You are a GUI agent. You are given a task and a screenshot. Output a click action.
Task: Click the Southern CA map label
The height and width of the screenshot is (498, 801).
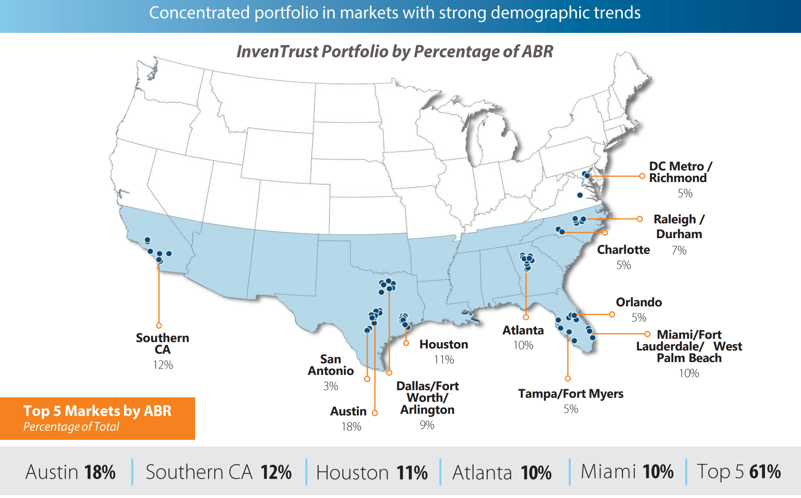(x=162, y=344)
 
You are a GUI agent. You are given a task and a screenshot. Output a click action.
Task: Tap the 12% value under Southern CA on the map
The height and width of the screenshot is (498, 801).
(x=163, y=365)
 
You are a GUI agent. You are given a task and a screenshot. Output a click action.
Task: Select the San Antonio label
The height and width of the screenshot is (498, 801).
(x=331, y=365)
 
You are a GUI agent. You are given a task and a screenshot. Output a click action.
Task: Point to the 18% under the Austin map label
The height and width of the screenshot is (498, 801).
(x=351, y=427)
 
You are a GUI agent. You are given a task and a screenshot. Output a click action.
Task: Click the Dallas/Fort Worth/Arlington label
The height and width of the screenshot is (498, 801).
(x=427, y=398)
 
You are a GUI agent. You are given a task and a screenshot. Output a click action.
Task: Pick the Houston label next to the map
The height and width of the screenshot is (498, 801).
(x=444, y=344)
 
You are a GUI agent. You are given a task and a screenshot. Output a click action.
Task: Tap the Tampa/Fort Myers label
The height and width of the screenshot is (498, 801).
(x=570, y=394)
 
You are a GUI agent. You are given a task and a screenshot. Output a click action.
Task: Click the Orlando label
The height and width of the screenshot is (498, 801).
(x=639, y=302)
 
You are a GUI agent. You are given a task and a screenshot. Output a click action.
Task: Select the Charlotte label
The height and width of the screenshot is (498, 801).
(x=623, y=250)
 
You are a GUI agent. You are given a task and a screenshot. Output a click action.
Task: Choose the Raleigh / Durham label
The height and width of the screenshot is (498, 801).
(x=679, y=227)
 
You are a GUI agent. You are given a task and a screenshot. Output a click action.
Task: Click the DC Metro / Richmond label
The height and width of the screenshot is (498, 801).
(x=680, y=172)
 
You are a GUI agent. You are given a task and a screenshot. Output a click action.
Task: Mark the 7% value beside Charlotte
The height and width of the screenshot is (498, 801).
(x=679, y=251)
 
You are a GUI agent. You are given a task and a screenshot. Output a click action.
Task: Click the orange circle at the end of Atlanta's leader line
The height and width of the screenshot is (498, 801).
(x=526, y=317)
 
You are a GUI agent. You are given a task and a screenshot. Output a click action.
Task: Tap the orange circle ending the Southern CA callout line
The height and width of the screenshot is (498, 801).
(x=159, y=326)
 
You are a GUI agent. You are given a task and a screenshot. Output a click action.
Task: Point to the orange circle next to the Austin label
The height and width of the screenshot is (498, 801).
(x=375, y=413)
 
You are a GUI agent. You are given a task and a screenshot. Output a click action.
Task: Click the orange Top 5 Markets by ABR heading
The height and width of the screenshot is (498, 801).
(x=97, y=411)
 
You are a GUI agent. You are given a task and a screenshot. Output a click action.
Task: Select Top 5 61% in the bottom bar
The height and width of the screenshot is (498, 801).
(x=738, y=472)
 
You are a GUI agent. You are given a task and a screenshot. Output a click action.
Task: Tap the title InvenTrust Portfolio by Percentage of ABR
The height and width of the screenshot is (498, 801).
(x=395, y=52)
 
